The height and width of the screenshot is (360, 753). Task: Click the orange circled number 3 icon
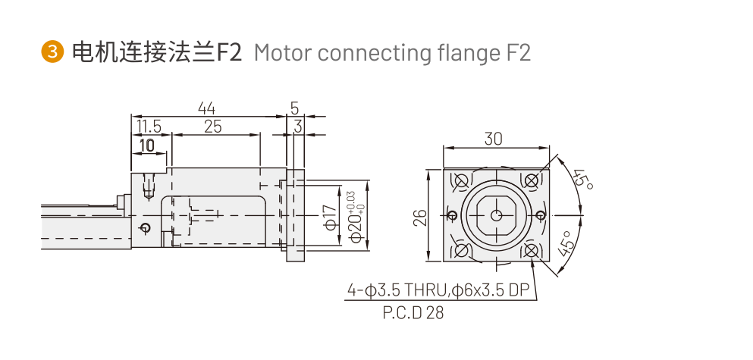pos(52,52)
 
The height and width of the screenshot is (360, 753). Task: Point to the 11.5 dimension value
pos(148,127)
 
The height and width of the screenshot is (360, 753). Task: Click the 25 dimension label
pos(212,127)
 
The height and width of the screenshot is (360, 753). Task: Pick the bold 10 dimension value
pos(147,144)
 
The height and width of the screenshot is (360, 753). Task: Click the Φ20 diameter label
pos(353,218)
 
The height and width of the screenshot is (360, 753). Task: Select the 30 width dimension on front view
pos(494,139)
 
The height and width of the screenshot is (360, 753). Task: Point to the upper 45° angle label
pos(582,180)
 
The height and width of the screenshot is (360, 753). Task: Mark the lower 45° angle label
pos(566,245)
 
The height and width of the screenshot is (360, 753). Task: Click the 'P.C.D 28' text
pos(413,312)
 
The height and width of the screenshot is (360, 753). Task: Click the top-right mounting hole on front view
pos(532,180)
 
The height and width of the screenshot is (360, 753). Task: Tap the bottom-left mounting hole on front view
pos(461,250)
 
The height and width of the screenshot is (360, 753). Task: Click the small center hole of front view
pos(496,215)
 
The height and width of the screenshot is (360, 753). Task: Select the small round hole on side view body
pos(146,227)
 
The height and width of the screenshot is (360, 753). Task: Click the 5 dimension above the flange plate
pos(294,108)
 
